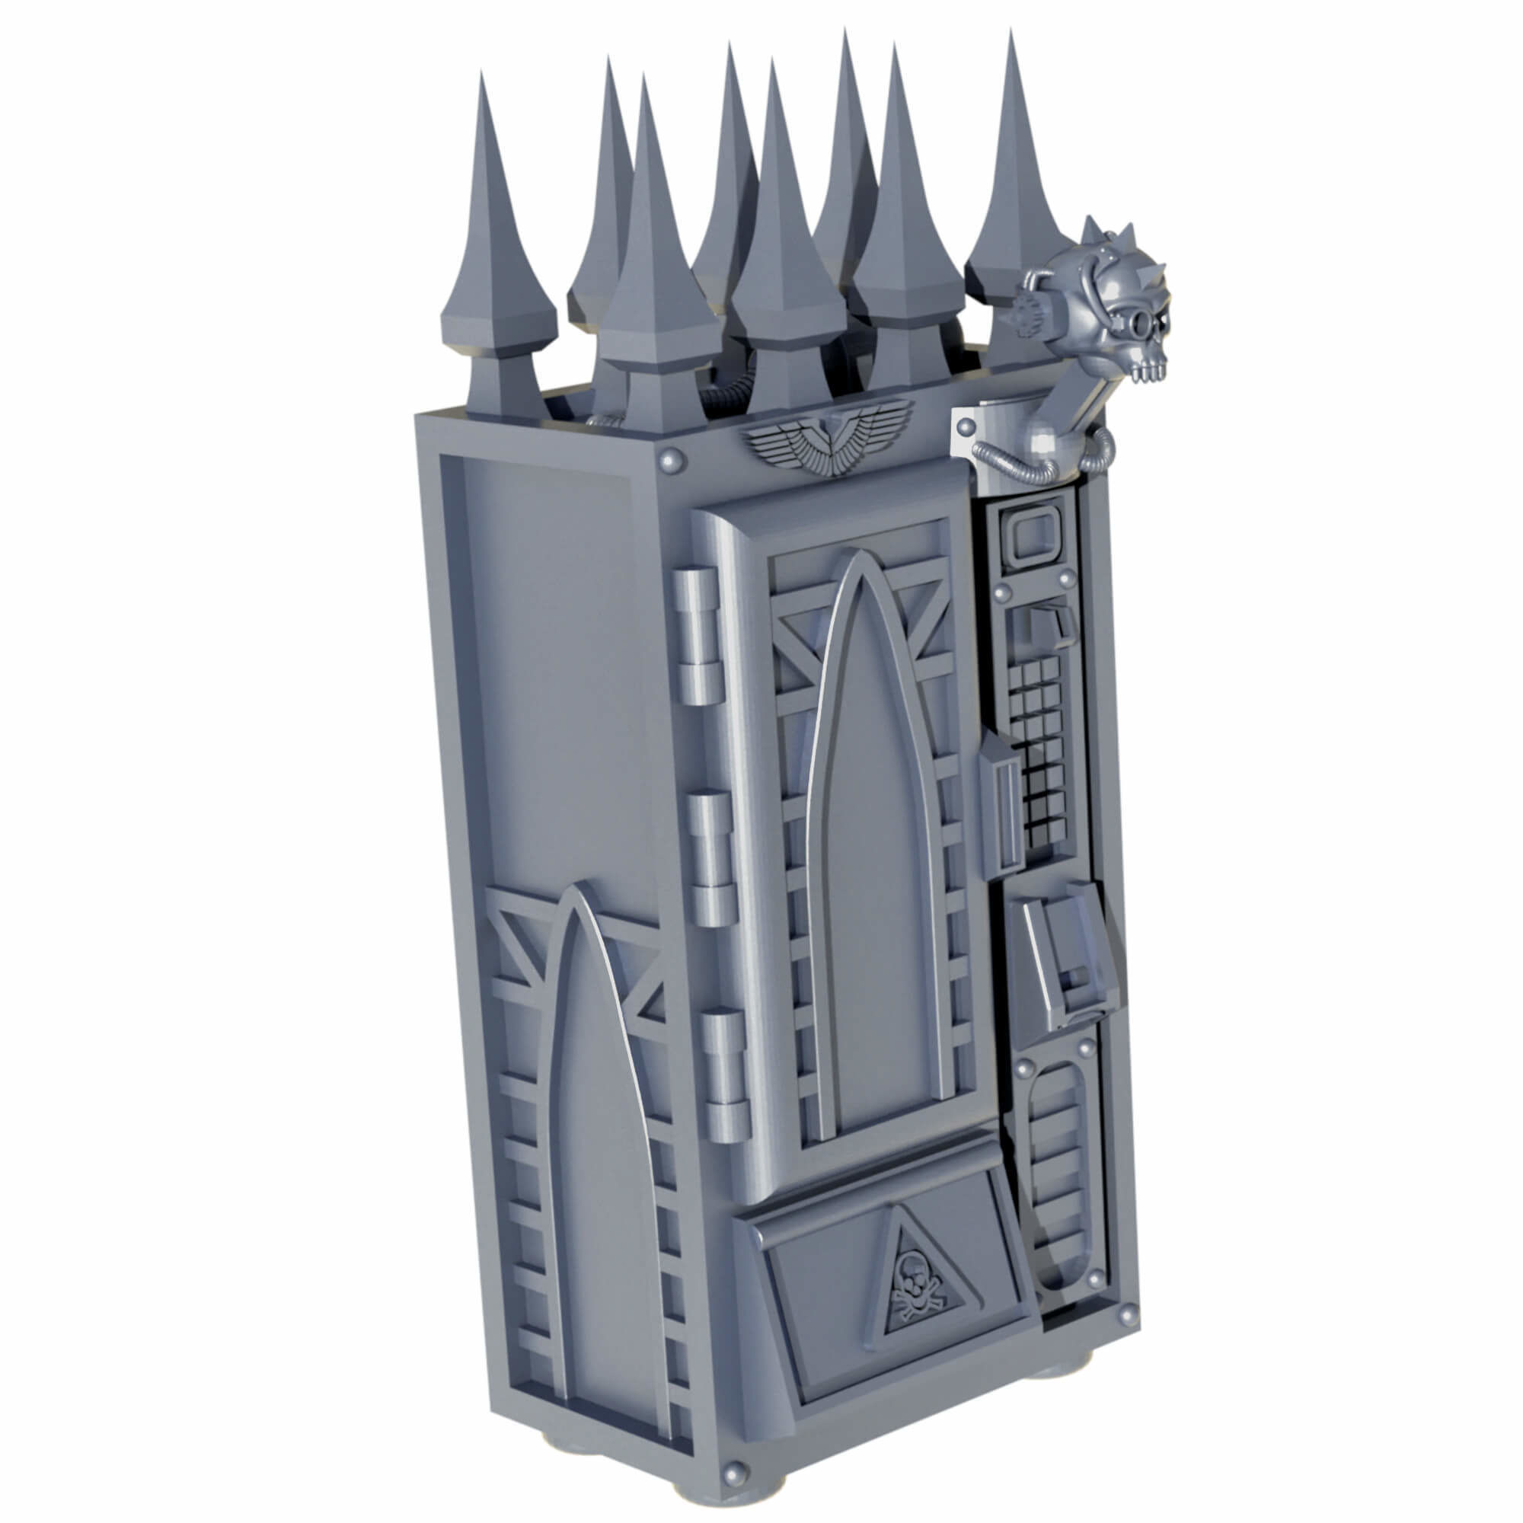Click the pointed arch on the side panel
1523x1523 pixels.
pos(599,1143)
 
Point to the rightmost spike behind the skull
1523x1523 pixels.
pos(1013,197)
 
